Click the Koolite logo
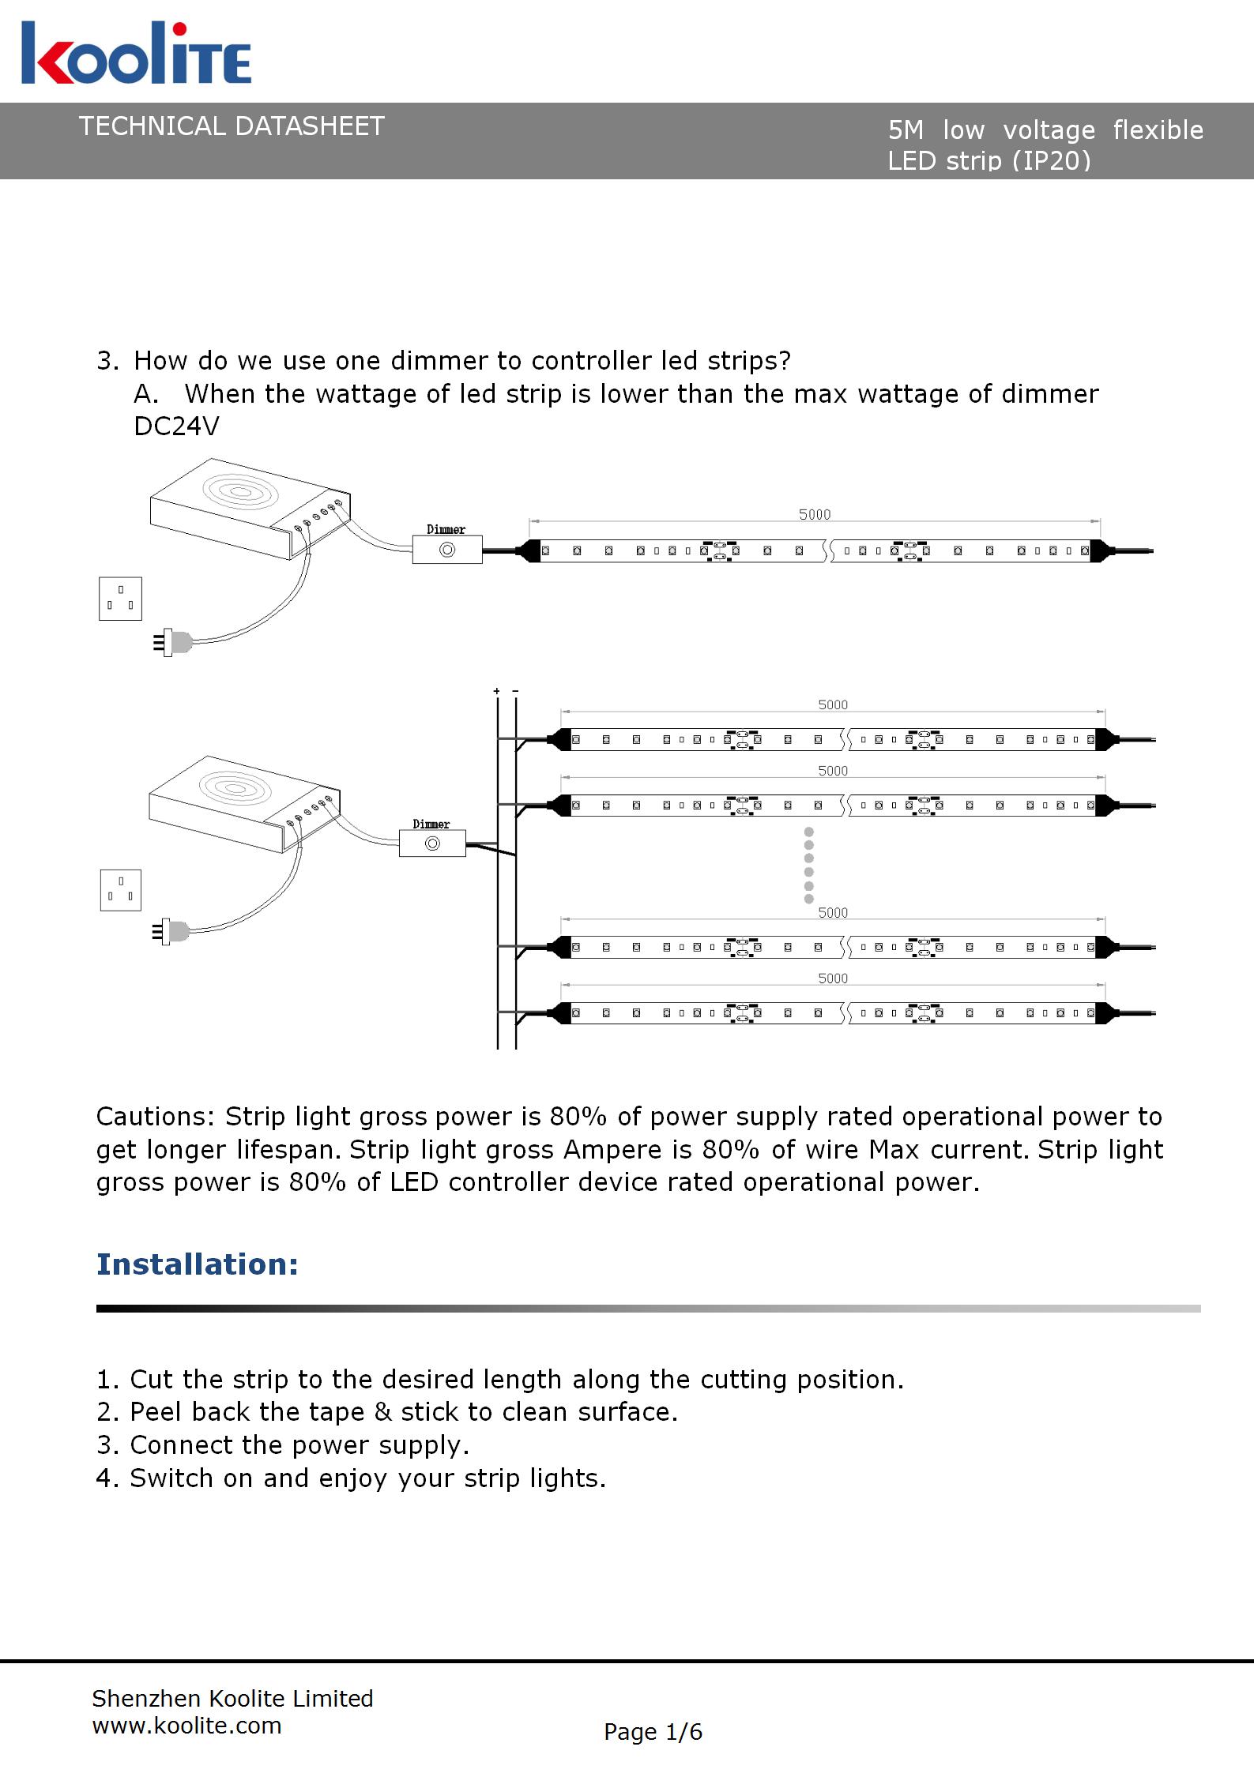pos(136,54)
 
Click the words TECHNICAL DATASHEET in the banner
pos(232,126)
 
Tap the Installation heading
pos(198,1264)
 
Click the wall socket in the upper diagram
pos(120,599)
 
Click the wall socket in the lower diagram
pos(120,890)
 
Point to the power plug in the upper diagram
pos(174,641)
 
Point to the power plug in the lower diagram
pos(174,933)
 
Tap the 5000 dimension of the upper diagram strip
pos(815,514)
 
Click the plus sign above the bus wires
pos(496,692)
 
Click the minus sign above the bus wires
pos(515,692)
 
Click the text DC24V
pos(176,426)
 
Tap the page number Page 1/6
pos(653,1732)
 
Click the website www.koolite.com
pos(187,1726)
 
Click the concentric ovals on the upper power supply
pos(241,492)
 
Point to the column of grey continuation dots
pos(808,865)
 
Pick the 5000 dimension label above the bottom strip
pos(833,979)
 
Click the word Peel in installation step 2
pos(156,1412)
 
